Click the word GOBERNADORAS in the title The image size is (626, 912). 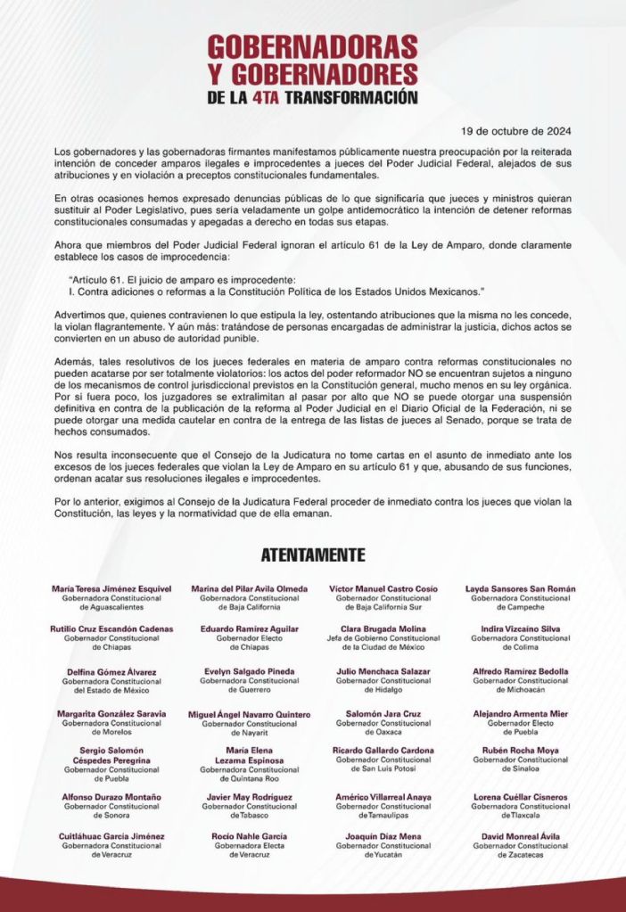[x=312, y=46]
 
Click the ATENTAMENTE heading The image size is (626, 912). [x=313, y=555]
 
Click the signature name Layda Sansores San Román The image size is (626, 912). [x=520, y=589]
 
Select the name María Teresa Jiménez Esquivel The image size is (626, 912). [x=111, y=589]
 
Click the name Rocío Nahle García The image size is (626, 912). [x=250, y=836]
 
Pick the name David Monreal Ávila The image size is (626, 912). [x=520, y=836]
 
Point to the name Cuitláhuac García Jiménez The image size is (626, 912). [x=111, y=836]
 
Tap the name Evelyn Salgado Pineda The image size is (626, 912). [x=250, y=671]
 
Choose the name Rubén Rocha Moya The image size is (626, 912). [x=520, y=751]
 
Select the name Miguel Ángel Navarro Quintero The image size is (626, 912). [x=250, y=715]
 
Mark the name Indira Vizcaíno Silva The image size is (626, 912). [x=520, y=629]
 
